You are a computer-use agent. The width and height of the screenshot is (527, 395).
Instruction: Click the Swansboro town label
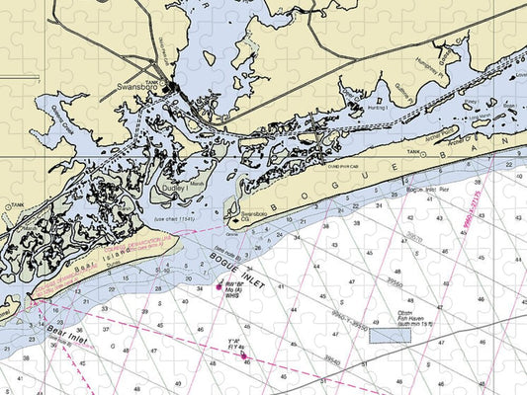click(137, 87)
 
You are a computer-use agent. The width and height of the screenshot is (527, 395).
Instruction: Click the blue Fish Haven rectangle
click(390, 334)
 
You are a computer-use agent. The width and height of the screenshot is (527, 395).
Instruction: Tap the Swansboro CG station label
click(255, 214)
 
